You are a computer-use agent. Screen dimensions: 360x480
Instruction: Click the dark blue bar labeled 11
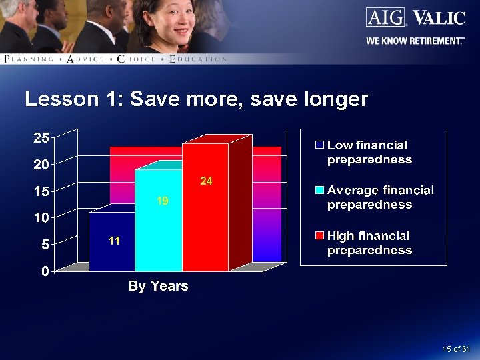click(x=112, y=241)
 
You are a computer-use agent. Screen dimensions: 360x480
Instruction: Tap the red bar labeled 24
click(x=205, y=207)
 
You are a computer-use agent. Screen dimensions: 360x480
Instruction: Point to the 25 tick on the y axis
click(x=41, y=138)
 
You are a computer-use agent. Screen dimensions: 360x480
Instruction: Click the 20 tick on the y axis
click(x=41, y=165)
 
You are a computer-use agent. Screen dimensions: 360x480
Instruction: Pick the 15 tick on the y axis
click(x=41, y=191)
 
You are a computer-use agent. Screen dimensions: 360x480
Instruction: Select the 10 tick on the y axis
click(x=41, y=218)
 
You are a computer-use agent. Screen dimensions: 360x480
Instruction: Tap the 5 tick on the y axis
click(x=44, y=245)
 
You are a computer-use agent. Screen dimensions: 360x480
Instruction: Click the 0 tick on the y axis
click(x=44, y=271)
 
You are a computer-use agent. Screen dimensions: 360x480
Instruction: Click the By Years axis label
click(x=158, y=286)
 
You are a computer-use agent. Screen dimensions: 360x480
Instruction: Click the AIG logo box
click(x=385, y=17)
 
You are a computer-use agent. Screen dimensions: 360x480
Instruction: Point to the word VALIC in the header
click(x=439, y=17)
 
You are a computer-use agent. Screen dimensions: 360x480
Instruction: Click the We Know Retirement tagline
click(x=415, y=41)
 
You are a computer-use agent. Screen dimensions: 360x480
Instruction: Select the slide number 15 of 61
click(x=456, y=349)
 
